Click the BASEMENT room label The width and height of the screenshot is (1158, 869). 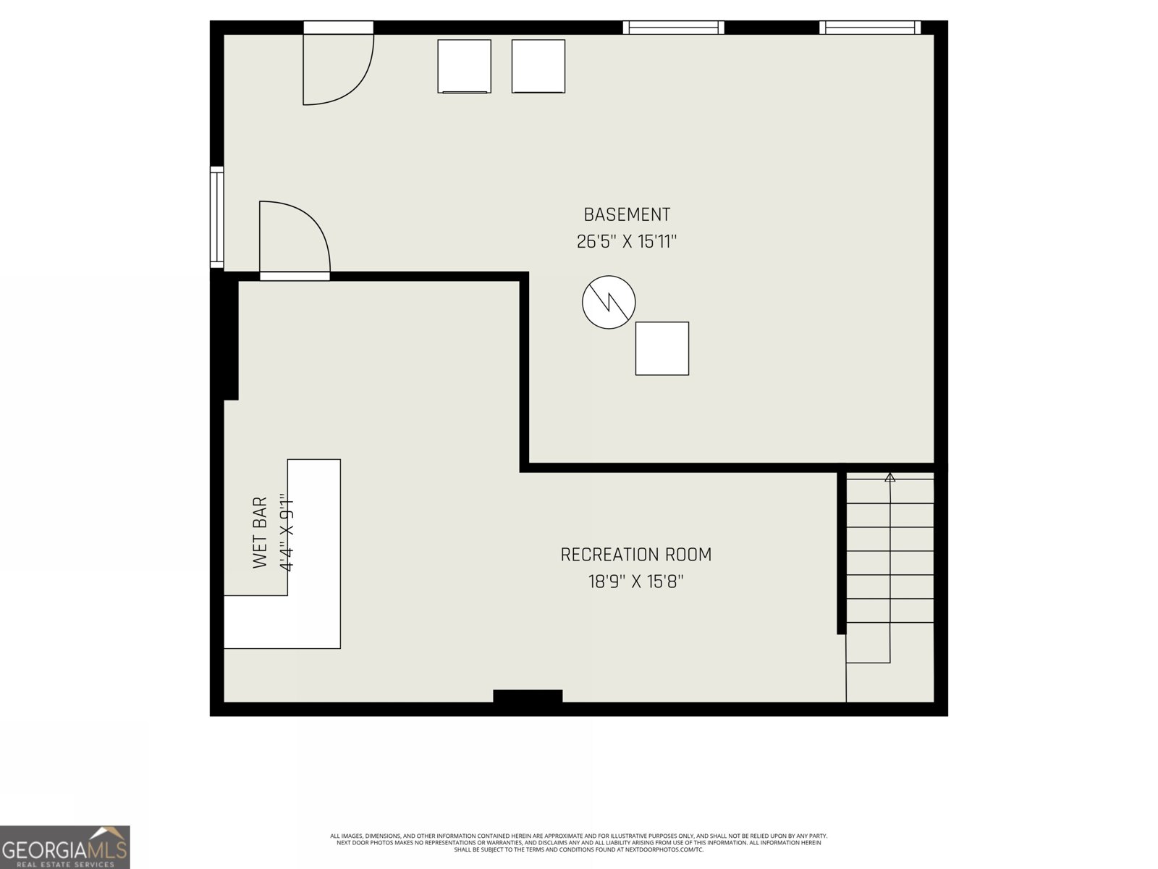coord(627,214)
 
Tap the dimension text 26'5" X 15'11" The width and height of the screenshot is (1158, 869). coord(627,241)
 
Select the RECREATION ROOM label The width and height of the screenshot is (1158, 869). coord(635,555)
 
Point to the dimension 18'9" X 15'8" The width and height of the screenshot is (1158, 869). coord(635,582)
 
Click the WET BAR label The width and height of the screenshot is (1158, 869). coord(261,532)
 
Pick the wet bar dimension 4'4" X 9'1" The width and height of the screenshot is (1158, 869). coord(287,532)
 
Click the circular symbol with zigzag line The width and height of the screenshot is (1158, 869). coord(609,302)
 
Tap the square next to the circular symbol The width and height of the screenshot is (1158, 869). coord(662,348)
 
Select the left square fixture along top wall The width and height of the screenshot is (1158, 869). coord(464,66)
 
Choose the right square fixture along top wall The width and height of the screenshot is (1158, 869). coord(538,66)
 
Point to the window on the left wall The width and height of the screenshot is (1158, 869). coord(216,217)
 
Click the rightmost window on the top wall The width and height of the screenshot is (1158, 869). coord(870,28)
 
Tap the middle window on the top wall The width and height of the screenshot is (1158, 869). coord(673,28)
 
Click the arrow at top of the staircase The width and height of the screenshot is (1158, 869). coord(889,477)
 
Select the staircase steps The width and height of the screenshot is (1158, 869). coord(889,565)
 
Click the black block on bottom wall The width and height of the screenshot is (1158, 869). coord(528,696)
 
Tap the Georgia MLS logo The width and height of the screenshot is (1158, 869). coord(65,847)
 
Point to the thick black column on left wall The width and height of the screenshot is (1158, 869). coord(229,339)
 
